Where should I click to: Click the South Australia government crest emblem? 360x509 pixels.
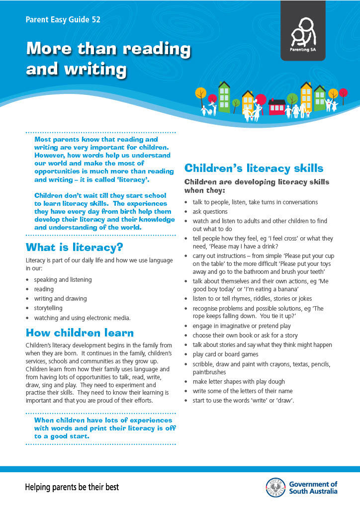[x=276, y=487]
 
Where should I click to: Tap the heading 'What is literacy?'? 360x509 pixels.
[x=74, y=247]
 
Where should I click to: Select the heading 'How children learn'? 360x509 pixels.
[x=80, y=333]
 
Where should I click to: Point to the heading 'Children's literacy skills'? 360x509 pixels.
[x=254, y=168]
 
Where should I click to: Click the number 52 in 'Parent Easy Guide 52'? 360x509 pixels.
[x=96, y=20]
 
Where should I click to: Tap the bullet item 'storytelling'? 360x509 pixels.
[x=48, y=308]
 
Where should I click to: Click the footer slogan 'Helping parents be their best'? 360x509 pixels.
[x=72, y=487]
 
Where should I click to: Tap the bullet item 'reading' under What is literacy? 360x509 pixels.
[x=44, y=289]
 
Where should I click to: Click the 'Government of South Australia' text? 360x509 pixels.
[x=313, y=488]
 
